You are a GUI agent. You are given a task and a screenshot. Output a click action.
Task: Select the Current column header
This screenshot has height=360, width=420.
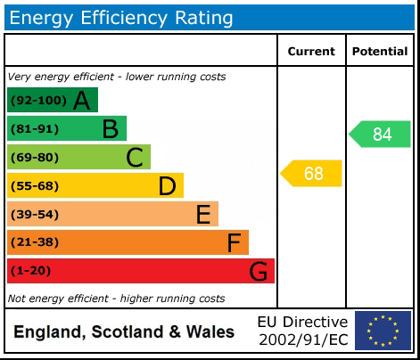(x=311, y=52)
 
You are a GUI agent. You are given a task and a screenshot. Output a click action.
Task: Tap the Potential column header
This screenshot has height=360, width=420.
(x=379, y=52)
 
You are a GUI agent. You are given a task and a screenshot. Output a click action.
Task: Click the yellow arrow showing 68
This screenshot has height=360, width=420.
(x=312, y=173)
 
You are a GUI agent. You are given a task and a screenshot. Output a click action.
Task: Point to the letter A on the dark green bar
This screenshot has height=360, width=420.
(x=81, y=101)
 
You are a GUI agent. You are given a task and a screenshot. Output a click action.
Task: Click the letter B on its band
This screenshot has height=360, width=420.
(x=110, y=129)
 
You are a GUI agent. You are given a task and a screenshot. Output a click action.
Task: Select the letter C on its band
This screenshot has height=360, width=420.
(x=135, y=158)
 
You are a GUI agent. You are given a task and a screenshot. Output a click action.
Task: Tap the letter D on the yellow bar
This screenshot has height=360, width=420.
(x=167, y=186)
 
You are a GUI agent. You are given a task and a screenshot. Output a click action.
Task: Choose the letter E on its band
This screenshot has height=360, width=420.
(x=202, y=215)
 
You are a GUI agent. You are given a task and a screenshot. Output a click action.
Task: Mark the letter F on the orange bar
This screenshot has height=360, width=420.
(x=234, y=242)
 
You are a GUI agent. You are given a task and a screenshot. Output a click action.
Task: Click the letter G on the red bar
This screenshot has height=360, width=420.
(x=258, y=271)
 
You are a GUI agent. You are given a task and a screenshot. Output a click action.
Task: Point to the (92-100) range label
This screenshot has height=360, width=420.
(x=38, y=101)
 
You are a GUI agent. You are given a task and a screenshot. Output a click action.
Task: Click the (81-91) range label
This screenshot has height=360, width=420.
(x=35, y=129)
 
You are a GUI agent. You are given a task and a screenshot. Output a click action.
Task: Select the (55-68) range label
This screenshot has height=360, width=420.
(x=35, y=186)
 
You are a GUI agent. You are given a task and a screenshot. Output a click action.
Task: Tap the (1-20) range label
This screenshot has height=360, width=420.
(x=31, y=271)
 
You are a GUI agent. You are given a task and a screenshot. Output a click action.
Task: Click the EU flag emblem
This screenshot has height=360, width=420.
(x=383, y=331)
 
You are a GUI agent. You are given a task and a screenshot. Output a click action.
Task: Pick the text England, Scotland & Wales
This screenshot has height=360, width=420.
(x=124, y=332)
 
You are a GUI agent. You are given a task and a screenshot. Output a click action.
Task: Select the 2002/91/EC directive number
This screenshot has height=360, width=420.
(x=302, y=340)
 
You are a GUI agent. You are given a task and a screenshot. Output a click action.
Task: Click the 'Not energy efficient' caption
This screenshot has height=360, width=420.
(x=116, y=299)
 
